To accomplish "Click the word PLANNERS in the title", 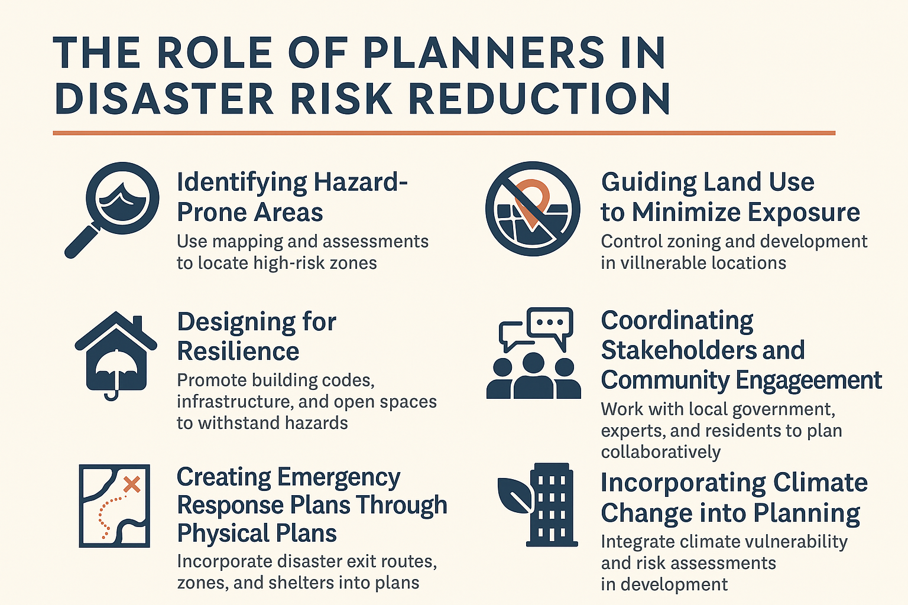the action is (484, 53).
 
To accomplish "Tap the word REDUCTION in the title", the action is (539, 99).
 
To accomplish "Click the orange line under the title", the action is (444, 133).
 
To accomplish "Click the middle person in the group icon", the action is (533, 375).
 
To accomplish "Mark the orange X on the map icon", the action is (132, 484).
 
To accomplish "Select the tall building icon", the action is (552, 505).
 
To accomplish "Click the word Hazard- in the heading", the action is (361, 183).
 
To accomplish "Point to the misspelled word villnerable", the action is (665, 263).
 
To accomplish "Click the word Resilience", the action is (238, 351).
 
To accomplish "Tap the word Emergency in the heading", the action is (339, 478).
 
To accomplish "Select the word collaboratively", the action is (661, 452).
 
